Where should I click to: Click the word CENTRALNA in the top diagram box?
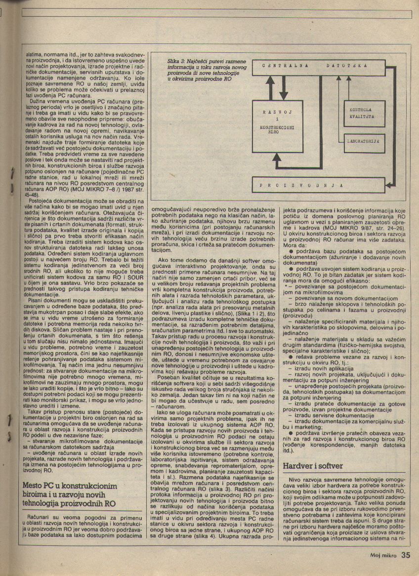pyautogui.click(x=285, y=65)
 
